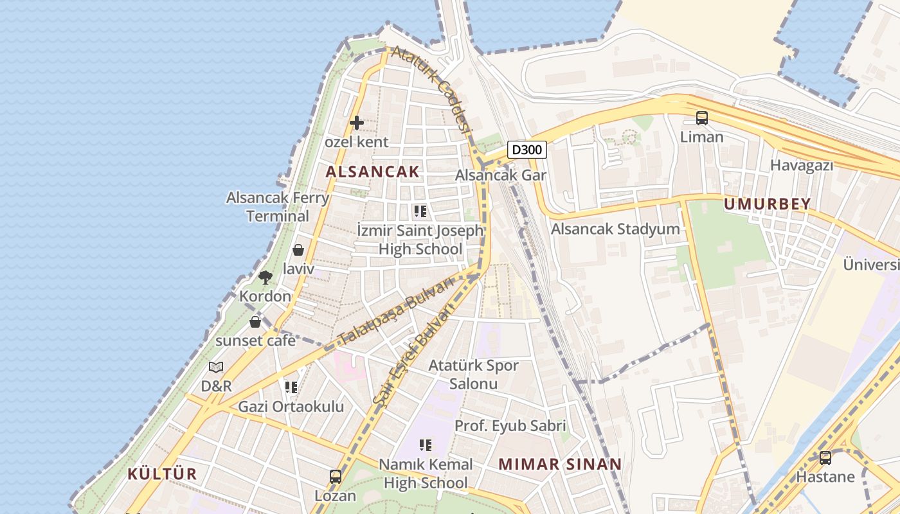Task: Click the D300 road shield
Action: click(x=527, y=150)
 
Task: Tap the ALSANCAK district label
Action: click(x=372, y=172)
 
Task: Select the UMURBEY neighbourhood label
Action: click(x=767, y=204)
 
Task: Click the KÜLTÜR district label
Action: click(x=162, y=474)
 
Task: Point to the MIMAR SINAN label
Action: click(x=560, y=464)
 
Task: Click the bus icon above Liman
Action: click(x=701, y=118)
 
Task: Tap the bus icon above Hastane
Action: click(x=825, y=458)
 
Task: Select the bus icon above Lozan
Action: click(x=335, y=477)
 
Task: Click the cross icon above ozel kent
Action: click(x=356, y=122)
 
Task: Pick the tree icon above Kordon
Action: click(x=265, y=278)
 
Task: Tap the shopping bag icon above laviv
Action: click(x=298, y=250)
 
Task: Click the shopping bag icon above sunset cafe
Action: click(x=255, y=321)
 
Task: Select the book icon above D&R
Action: click(x=216, y=367)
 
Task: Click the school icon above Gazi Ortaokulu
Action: click(x=291, y=387)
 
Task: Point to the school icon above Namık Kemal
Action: click(x=424, y=445)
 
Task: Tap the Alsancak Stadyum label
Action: click(x=615, y=229)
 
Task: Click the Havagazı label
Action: click(x=802, y=165)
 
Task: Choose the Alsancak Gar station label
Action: click(x=501, y=175)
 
